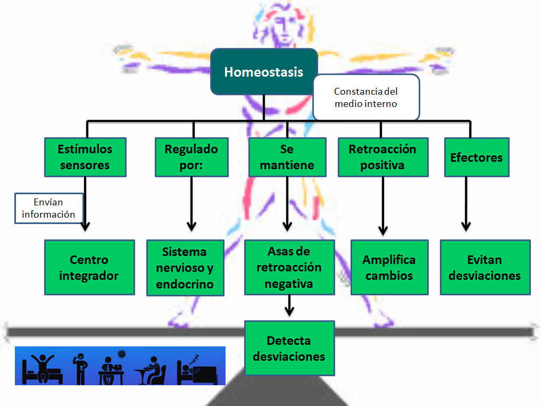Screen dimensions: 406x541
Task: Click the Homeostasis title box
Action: pyautogui.click(x=264, y=72)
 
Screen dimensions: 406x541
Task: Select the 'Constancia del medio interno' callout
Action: pyautogui.click(x=366, y=97)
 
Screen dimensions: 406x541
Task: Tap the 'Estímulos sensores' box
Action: pyautogui.click(x=85, y=157)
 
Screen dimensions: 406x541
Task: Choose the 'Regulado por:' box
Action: pyautogui.click(x=191, y=157)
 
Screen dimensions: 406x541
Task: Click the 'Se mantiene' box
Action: pyautogui.click(x=287, y=157)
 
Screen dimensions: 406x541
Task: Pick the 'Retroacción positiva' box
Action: pyautogui.click(x=382, y=157)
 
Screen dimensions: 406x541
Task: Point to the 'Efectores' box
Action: pyautogui.click(x=476, y=157)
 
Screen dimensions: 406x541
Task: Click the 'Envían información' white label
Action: pyautogui.click(x=48, y=208)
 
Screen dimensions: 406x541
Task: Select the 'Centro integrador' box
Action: pyautogui.click(x=89, y=267)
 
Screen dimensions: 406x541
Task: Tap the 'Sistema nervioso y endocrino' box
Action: pyautogui.click(x=185, y=267)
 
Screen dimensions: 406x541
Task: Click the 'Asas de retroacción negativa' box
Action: pyautogui.click(x=289, y=267)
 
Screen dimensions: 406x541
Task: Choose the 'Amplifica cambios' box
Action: pyautogui.click(x=389, y=267)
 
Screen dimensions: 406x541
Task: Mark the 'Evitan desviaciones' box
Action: pyautogui.click(x=485, y=267)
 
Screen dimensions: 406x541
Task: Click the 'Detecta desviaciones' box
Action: pyautogui.click(x=289, y=348)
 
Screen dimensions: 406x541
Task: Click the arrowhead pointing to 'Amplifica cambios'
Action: pyautogui.click(x=382, y=230)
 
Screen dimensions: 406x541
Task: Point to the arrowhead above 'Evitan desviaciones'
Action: pyautogui.click(x=466, y=226)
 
